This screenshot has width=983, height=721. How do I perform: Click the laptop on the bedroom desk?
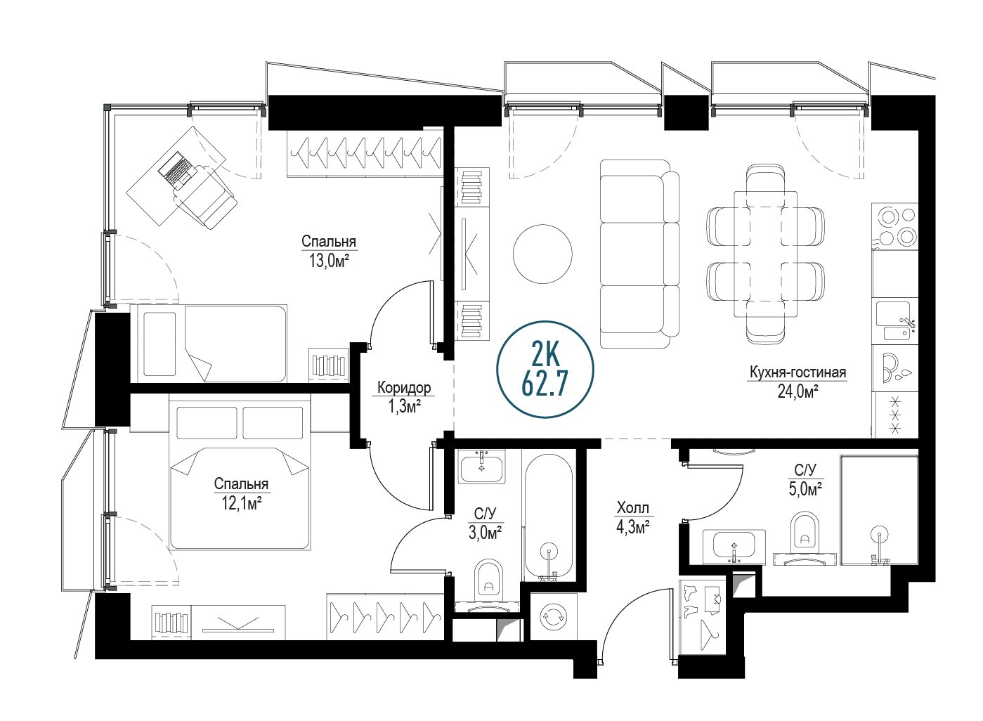(x=176, y=169)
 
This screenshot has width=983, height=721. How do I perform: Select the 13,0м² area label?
(x=329, y=261)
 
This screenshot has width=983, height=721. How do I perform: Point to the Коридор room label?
(x=404, y=387)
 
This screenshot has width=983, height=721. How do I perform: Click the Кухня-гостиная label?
(x=798, y=372)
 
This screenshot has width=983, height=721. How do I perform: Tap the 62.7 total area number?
(x=545, y=383)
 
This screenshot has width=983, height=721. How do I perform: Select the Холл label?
(x=632, y=508)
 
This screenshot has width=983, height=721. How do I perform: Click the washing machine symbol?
(x=554, y=616)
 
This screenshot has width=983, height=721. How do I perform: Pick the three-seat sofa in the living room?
(x=639, y=254)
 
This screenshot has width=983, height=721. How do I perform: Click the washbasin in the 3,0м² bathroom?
(x=481, y=467)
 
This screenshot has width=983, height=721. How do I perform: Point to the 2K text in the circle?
(x=545, y=354)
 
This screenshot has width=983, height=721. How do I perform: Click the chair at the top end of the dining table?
(x=765, y=186)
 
